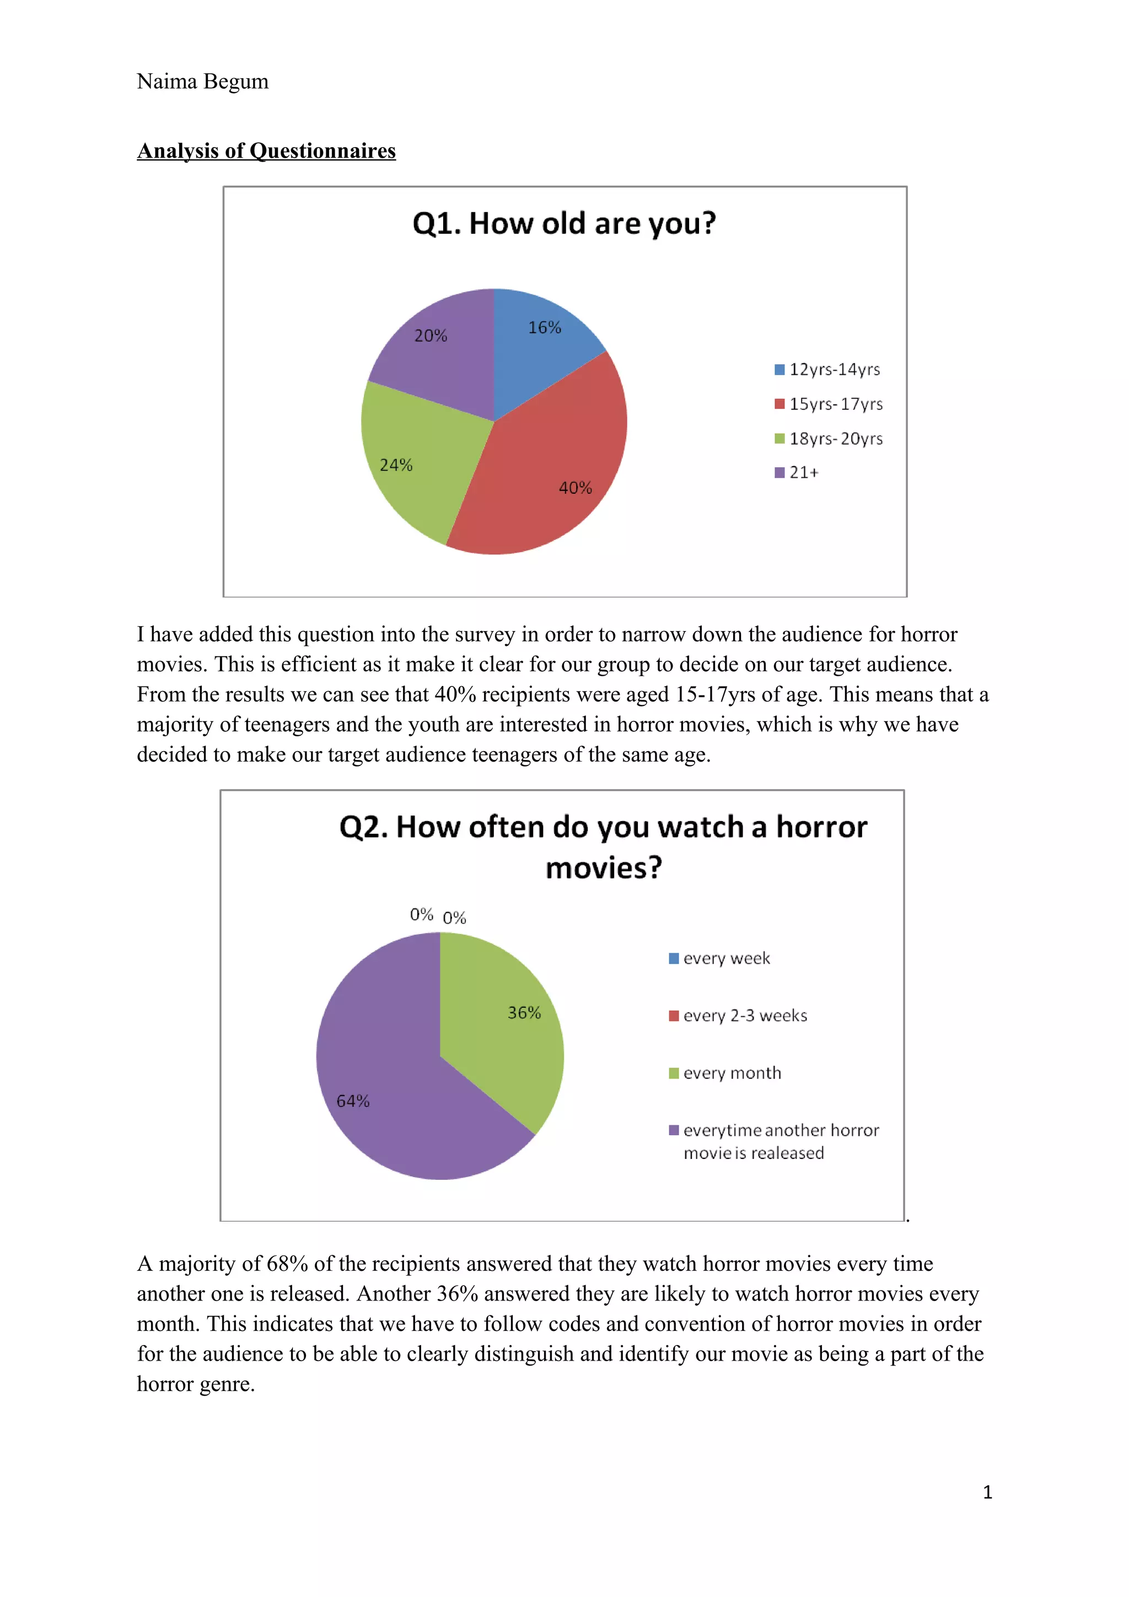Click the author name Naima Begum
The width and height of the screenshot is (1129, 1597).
click(x=202, y=82)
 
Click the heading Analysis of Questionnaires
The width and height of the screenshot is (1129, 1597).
click(x=266, y=151)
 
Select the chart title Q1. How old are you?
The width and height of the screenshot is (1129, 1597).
click(x=563, y=224)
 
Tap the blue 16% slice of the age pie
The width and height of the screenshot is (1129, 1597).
click(x=539, y=348)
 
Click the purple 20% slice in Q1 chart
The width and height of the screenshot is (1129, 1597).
click(x=438, y=355)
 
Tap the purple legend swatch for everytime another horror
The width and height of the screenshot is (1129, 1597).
click(x=673, y=1130)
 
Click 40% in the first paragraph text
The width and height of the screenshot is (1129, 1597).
click(x=456, y=695)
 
